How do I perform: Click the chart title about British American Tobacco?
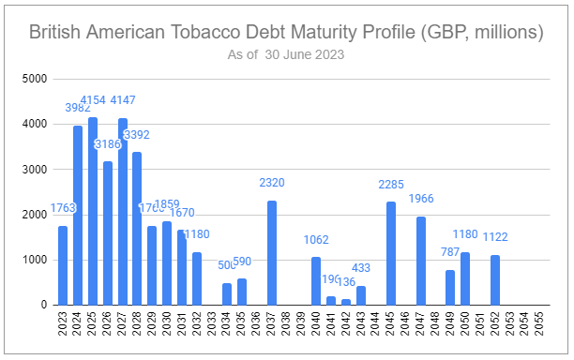click(286, 33)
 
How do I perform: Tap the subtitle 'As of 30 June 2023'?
click(286, 54)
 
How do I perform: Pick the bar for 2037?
click(272, 253)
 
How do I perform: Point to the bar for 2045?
click(391, 253)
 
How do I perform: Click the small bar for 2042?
click(346, 302)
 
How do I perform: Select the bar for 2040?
click(316, 280)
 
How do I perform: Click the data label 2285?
click(391, 185)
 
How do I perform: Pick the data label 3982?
click(78, 108)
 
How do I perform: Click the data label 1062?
click(316, 239)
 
